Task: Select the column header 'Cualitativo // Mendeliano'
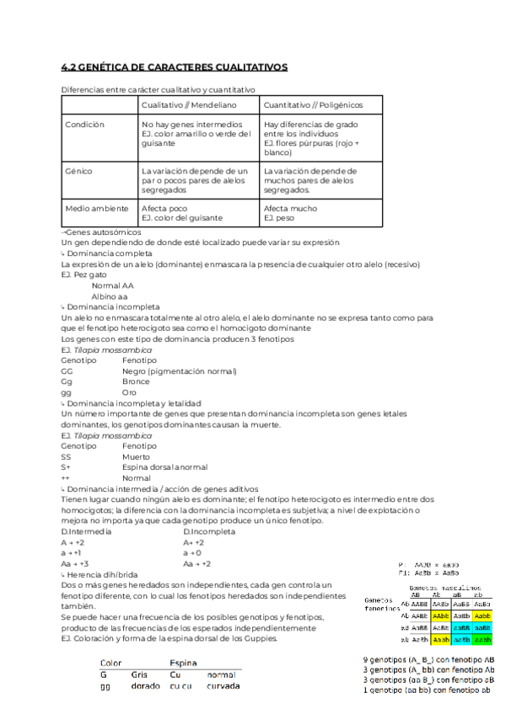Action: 189,105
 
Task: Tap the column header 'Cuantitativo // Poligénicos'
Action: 313,105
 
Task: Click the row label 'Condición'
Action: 84,124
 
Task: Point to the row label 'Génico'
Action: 78,171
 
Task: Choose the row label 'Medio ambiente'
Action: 97,208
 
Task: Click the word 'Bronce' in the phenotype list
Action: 136,381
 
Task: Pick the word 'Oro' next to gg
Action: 129,392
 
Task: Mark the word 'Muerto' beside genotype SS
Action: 137,456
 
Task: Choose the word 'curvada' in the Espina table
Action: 223,686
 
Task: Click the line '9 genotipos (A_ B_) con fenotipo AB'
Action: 428,659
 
